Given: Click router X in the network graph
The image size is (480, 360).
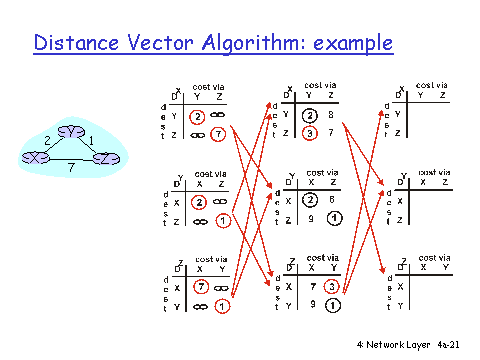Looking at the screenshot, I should coord(36,158).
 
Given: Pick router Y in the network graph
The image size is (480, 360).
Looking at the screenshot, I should coord(71,132).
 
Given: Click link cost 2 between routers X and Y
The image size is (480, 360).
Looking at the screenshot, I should coord(47,140).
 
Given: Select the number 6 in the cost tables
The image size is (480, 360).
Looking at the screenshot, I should coord(331,199).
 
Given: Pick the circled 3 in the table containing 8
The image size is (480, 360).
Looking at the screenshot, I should coord(311,132).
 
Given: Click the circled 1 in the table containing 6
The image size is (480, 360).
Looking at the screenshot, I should coord(332,218).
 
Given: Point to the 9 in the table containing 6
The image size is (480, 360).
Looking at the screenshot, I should coord(311,218).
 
